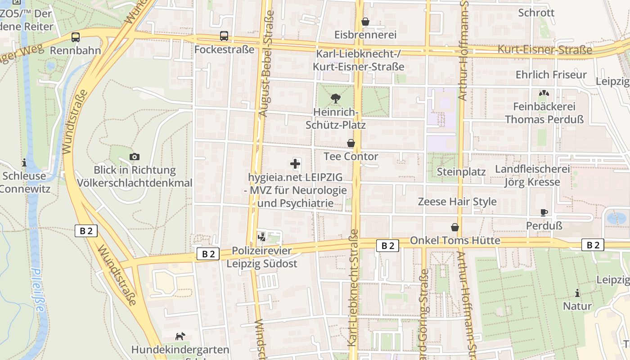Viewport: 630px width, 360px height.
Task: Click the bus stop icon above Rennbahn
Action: click(x=76, y=37)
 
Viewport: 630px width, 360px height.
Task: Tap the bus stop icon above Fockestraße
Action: click(x=224, y=36)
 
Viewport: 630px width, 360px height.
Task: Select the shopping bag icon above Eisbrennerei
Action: click(x=365, y=22)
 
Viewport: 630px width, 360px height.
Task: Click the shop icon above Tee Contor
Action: click(x=351, y=143)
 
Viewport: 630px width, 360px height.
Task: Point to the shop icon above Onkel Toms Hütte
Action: click(x=455, y=227)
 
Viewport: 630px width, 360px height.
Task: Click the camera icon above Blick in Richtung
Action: click(x=134, y=157)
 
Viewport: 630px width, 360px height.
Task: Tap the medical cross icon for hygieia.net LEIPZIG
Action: click(x=295, y=164)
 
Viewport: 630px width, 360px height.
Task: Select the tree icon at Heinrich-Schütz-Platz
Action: click(x=335, y=98)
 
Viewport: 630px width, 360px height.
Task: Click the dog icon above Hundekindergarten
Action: click(x=180, y=336)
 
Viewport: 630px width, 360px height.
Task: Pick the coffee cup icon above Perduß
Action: click(x=544, y=212)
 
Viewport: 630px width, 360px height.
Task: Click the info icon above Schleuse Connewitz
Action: click(x=24, y=162)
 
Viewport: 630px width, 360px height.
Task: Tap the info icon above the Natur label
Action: click(x=577, y=293)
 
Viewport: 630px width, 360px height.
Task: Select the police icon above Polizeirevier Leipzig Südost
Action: click(x=261, y=236)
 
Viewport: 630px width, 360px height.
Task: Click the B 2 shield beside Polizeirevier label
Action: click(x=208, y=254)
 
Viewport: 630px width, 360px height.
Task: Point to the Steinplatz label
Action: click(x=461, y=172)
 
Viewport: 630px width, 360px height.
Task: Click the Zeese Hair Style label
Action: click(x=457, y=202)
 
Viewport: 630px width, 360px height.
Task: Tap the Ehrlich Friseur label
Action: click(x=551, y=75)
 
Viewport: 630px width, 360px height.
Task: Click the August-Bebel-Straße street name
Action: click(x=267, y=63)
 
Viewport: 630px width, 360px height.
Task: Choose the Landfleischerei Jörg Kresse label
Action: click(x=532, y=176)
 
